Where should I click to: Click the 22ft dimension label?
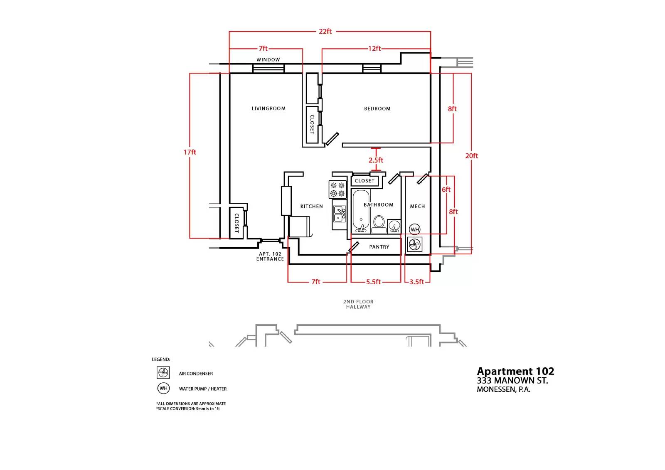pyautogui.click(x=325, y=32)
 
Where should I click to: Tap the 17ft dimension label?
pyautogui.click(x=190, y=153)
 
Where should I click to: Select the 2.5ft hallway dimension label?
pyautogui.click(x=376, y=160)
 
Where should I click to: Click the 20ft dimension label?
pyautogui.click(x=472, y=156)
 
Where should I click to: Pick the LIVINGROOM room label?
pyautogui.click(x=268, y=108)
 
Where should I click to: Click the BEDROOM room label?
pyautogui.click(x=377, y=108)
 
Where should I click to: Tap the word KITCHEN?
pyautogui.click(x=311, y=207)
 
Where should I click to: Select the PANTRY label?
pyautogui.click(x=379, y=247)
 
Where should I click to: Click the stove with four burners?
pyautogui.click(x=337, y=189)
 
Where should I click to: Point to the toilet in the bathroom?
pyautogui.click(x=379, y=224)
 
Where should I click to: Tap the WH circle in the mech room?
pyautogui.click(x=415, y=229)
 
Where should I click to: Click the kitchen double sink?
pyautogui.click(x=340, y=214)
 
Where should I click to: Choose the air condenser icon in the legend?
pyautogui.click(x=163, y=373)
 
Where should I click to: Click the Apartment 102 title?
pyautogui.click(x=515, y=372)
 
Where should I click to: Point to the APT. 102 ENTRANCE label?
pyautogui.click(x=270, y=256)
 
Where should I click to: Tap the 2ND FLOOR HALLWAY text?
pyautogui.click(x=358, y=304)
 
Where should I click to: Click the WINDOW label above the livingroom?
pyautogui.click(x=268, y=60)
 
